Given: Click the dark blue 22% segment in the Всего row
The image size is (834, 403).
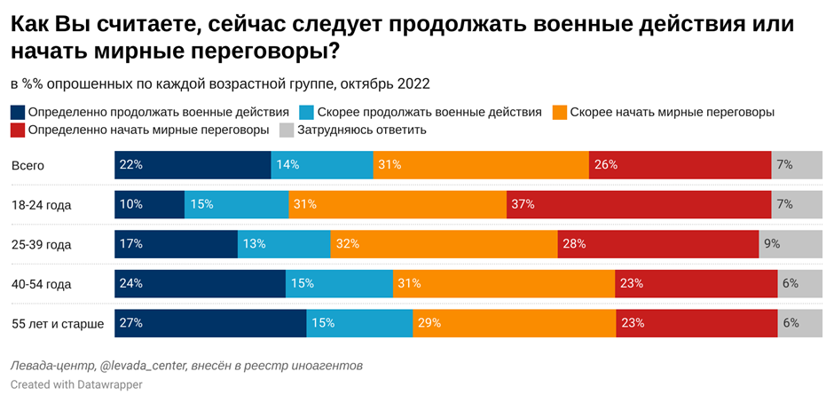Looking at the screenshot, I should point(193,165).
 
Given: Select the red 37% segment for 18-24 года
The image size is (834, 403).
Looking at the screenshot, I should point(639,204).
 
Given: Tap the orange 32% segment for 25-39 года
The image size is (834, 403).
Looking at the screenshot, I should point(444,244).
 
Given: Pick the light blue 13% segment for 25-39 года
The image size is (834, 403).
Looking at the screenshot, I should point(284,244).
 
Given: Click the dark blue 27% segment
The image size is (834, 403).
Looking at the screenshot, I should point(210,323).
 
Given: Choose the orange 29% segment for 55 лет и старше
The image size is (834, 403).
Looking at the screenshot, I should point(515,323).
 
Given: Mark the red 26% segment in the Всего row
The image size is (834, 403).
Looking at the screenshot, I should point(680,165).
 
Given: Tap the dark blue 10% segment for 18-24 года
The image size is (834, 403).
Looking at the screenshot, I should point(149,204).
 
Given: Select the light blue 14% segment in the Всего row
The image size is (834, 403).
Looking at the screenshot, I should point(322,165).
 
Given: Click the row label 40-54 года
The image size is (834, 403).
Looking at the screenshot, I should point(41,284).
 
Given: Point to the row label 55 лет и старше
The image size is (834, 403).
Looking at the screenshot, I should point(58,324).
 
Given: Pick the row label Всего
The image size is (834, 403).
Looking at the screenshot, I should point(28,165).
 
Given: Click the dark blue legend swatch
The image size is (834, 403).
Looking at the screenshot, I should point(18,113).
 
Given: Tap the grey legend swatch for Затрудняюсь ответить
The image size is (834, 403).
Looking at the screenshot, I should point(287,130).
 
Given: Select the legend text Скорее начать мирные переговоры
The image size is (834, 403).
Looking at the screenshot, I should point(673,113).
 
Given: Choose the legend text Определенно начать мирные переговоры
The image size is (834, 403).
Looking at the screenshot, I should point(149,130).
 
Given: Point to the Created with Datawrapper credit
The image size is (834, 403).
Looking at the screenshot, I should point(76,385).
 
